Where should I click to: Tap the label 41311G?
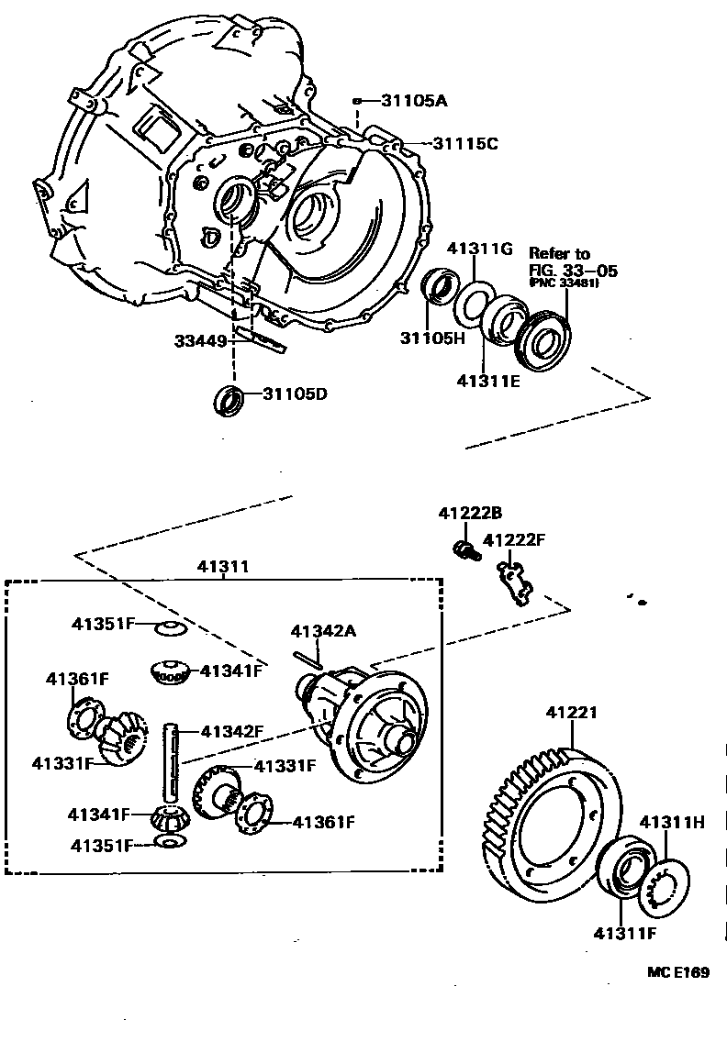pos(480,249)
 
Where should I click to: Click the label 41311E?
pos(487,379)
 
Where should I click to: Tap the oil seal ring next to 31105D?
pos(229,400)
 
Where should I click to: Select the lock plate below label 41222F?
pos(514,582)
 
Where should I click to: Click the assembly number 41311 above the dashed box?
pos(222,568)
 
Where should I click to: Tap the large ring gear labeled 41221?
pos(549,824)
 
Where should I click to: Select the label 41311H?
pos(672,822)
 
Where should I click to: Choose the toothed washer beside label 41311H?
pos(670,884)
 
